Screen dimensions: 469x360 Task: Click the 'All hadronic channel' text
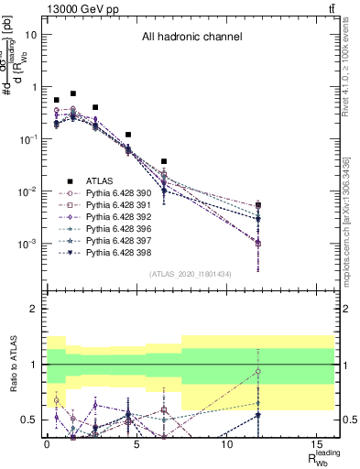tap(191, 38)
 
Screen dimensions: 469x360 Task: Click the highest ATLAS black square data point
tap(73, 93)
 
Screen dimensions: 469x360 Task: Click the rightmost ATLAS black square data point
tap(258, 205)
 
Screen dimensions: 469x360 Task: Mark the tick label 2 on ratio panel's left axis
tap(33, 309)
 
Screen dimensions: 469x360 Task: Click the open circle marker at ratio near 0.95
tap(258, 371)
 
